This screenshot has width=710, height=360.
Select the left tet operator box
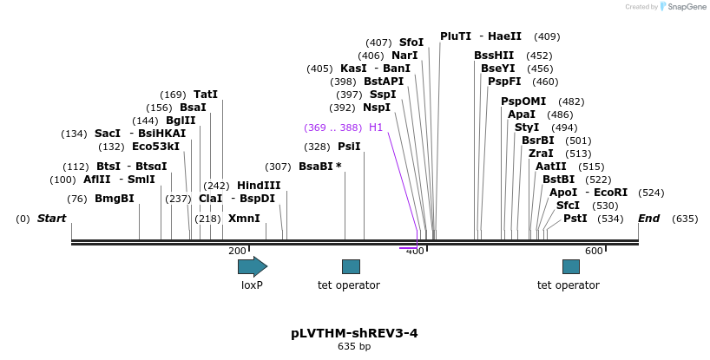pyautogui.click(x=351, y=266)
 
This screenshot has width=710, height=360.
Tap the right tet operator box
pyautogui.click(x=571, y=266)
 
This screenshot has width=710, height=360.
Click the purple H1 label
pyautogui.click(x=376, y=128)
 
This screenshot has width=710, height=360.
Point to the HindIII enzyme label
pyautogui.click(x=259, y=186)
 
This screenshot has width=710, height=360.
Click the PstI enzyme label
pyautogui.click(x=575, y=219)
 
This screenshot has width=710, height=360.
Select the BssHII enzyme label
pyautogui.click(x=494, y=56)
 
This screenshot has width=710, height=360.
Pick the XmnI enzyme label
pyautogui.click(x=244, y=219)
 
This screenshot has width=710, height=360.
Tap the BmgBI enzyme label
pyautogui.click(x=115, y=199)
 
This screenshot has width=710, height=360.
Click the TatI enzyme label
pyautogui.click(x=206, y=95)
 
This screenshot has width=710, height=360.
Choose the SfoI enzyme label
pyautogui.click(x=411, y=43)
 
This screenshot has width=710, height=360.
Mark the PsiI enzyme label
pyautogui.click(x=349, y=147)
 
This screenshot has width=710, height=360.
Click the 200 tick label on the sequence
pyautogui.click(x=237, y=251)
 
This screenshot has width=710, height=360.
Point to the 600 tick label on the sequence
pyautogui.click(x=594, y=251)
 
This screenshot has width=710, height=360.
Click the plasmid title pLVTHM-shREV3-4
pyautogui.click(x=354, y=333)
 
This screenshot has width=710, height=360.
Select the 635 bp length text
pyautogui.click(x=354, y=347)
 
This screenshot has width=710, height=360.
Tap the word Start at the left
pyautogui.click(x=51, y=219)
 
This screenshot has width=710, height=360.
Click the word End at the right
pyautogui.click(x=649, y=219)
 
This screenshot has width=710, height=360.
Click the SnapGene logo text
pyautogui.click(x=685, y=7)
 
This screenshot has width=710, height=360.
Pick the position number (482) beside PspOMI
pyautogui.click(x=571, y=101)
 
